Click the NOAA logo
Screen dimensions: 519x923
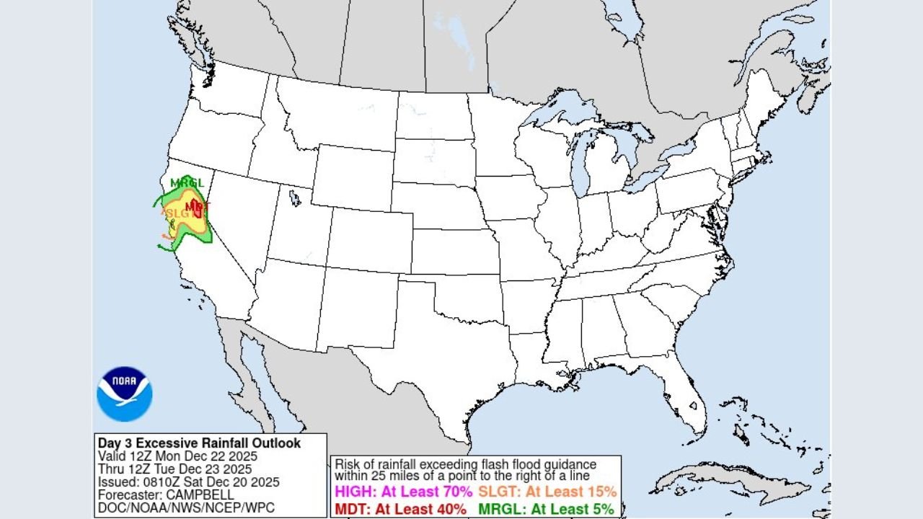tap(124, 394)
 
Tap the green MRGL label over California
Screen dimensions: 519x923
tap(187, 183)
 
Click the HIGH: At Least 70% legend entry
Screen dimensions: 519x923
tap(403, 492)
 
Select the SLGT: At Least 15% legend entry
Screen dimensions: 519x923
tap(547, 492)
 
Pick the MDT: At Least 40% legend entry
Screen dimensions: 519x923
tap(402, 509)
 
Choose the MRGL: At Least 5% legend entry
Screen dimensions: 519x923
tap(546, 509)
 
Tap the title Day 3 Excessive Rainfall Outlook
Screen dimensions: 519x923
tap(200, 443)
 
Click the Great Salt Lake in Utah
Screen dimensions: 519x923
tap(294, 196)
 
